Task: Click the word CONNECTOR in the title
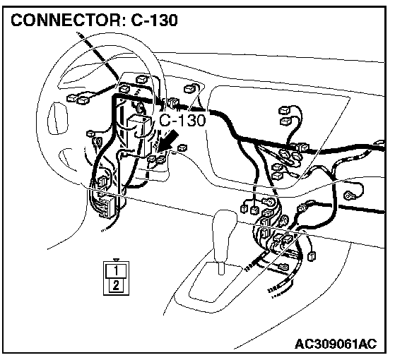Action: pos(66,20)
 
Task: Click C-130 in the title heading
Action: pos(154,20)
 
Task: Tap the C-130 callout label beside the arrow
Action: pos(182,120)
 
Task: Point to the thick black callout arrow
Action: pos(168,140)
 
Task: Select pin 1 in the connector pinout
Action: pos(116,270)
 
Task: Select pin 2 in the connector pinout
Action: pos(116,286)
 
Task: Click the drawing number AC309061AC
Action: pos(336,344)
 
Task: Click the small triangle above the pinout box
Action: pos(117,260)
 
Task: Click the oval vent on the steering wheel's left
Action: pos(57,119)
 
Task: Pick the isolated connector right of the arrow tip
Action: pos(182,148)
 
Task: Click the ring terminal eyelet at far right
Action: pos(348,196)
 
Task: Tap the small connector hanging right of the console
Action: pos(312,256)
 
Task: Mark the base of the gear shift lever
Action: pos(221,268)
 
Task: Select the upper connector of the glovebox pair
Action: pos(284,111)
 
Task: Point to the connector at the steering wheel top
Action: pos(142,79)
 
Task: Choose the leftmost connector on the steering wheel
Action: pos(72,98)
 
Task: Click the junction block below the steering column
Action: pos(105,205)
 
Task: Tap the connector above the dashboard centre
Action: pos(190,89)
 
